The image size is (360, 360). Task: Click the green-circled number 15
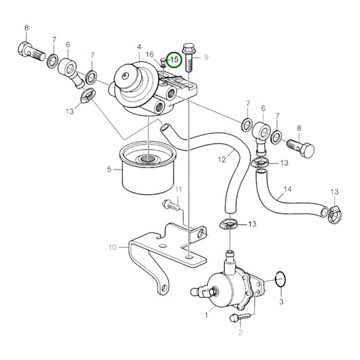point(174,60)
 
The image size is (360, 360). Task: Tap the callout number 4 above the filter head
point(138,47)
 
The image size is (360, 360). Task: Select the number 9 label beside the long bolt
point(207,57)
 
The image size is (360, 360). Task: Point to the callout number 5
point(109,170)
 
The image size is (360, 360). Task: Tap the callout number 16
point(150,54)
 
